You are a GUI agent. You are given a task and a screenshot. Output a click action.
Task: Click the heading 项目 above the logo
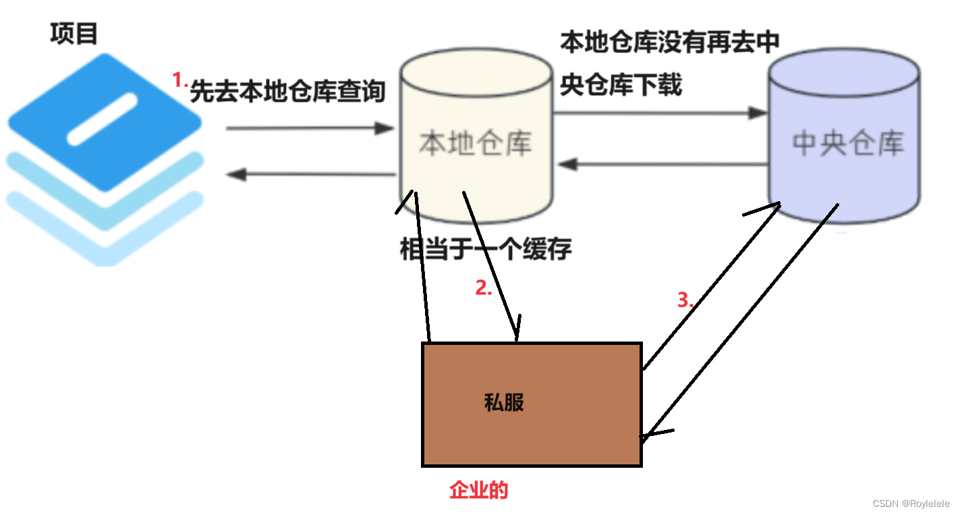coord(74,33)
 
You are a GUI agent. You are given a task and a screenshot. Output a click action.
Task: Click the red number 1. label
coord(179,81)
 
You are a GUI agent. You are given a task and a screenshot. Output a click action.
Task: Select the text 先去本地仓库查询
coord(287,91)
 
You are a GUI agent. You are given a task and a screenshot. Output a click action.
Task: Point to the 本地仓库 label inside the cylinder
coord(476,144)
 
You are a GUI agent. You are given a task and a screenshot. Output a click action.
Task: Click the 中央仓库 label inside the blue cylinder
coord(847,144)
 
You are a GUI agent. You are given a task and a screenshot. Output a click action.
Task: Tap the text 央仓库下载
coord(621,85)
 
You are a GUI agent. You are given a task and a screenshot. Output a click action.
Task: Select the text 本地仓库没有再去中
coord(670,43)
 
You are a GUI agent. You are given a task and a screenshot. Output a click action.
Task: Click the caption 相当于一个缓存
coord(486,250)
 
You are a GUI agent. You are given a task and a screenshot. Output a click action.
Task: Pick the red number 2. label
coord(484,289)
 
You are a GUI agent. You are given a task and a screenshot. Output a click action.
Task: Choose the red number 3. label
coord(685,300)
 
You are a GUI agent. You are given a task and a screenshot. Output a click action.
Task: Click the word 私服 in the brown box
coord(504,403)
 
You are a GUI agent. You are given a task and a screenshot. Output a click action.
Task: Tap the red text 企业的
coord(478,491)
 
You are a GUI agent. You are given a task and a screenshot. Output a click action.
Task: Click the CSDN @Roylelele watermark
coord(911,504)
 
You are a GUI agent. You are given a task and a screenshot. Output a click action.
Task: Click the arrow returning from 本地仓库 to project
coord(310,175)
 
